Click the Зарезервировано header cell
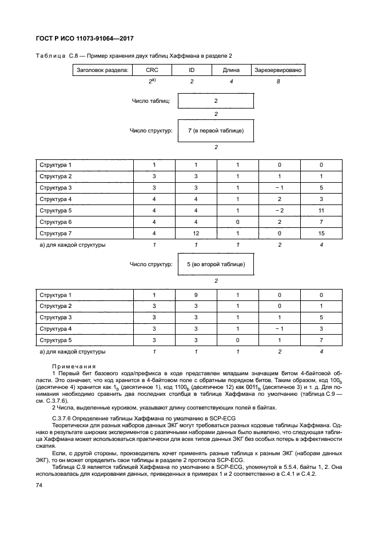278,70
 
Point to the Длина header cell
232,70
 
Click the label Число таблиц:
150,101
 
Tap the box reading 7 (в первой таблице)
216,131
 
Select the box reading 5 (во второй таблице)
216,264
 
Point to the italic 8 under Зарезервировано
278,82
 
